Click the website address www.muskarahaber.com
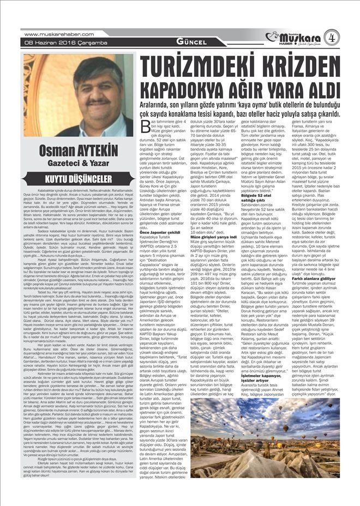(x=52, y=34)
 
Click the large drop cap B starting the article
(x=145, y=127)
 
